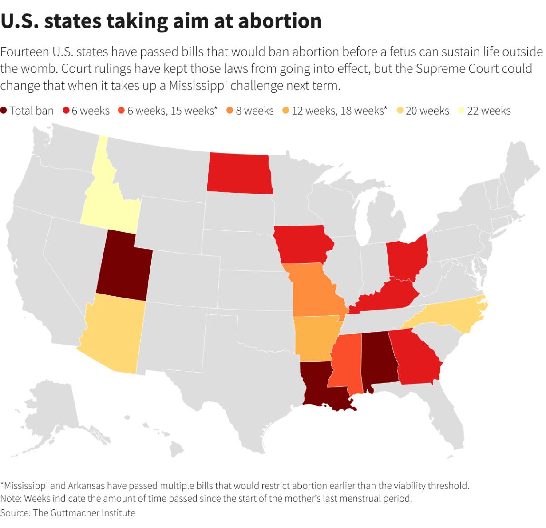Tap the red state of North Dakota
[x=240, y=173]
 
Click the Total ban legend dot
[x=4, y=111]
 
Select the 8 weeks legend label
[x=254, y=111]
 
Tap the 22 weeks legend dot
[x=461, y=111]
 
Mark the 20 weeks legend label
[x=427, y=111]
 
